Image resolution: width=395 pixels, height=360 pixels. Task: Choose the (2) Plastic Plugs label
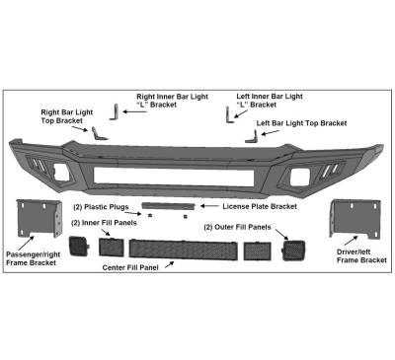(x=101, y=207)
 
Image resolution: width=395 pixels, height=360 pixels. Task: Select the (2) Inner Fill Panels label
(x=107, y=223)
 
